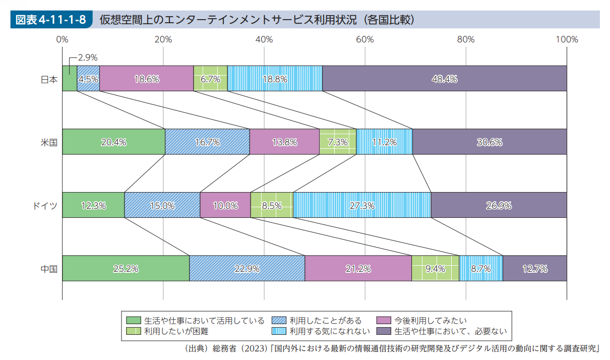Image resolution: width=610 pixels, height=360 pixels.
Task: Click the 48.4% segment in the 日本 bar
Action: [444, 79]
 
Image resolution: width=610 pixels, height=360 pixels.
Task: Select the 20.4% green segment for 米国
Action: [113, 142]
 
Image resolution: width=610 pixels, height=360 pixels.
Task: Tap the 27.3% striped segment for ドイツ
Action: [362, 205]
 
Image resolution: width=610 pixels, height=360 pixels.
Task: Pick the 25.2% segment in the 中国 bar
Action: [126, 268]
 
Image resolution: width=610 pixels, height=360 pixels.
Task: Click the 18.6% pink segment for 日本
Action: [147, 79]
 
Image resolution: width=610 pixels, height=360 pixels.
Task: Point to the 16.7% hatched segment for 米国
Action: [207, 142]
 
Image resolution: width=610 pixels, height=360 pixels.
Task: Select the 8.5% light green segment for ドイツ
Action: [272, 205]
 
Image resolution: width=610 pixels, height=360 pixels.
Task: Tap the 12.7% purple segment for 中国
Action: [535, 268]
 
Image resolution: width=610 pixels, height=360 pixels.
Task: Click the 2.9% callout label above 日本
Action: [88, 57]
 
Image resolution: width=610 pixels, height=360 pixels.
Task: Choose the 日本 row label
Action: [49, 79]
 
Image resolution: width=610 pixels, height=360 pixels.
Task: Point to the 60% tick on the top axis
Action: [365, 39]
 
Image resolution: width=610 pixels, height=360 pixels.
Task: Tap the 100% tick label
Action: [567, 39]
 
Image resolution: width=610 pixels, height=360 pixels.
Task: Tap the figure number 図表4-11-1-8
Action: [50, 20]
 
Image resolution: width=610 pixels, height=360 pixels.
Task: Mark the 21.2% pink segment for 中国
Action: [358, 268]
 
